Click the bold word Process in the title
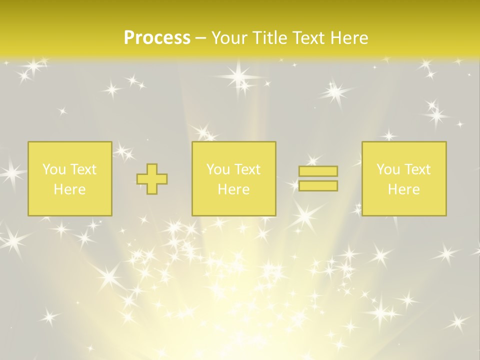[157, 38]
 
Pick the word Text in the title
[309, 38]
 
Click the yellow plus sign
[152, 178]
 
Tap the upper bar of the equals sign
[318, 171]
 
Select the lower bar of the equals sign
[318, 185]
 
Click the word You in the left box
[54, 169]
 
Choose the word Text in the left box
[83, 169]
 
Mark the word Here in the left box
[69, 189]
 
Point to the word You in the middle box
[218, 169]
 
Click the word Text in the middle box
[247, 169]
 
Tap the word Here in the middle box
[233, 189]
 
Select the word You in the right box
[388, 169]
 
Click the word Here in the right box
[403, 189]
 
